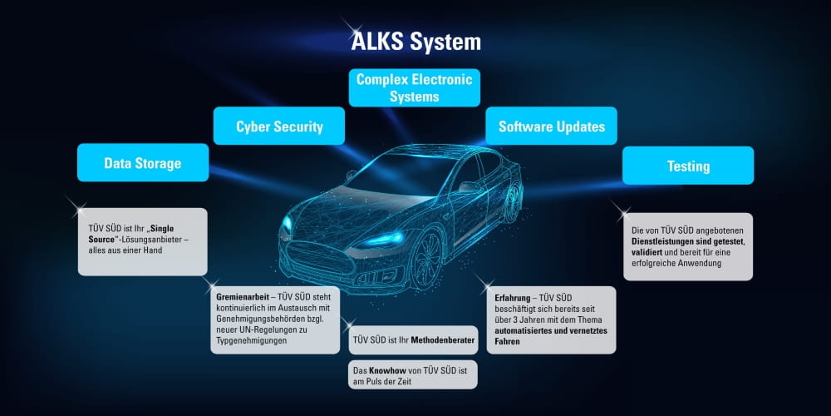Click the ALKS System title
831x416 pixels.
[x=416, y=42]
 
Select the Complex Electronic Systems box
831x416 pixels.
[x=415, y=87]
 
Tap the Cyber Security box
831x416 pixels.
[x=279, y=126]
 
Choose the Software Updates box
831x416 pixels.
[x=551, y=126]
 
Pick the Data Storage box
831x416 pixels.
[x=143, y=162]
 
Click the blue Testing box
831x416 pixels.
[x=688, y=166]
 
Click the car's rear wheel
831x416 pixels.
[x=511, y=201]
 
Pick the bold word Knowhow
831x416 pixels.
[x=387, y=370]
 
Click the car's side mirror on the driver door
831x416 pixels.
[x=470, y=187]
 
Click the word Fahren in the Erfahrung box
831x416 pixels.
[x=507, y=342]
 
